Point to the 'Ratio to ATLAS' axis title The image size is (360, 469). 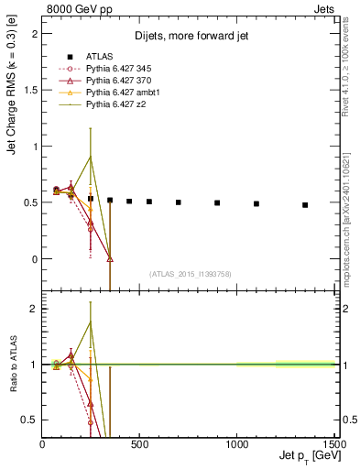[x=12, y=364]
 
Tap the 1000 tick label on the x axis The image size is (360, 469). [x=237, y=444]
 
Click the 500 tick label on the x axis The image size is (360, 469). [x=140, y=444]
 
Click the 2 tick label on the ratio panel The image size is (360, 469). [x=35, y=309]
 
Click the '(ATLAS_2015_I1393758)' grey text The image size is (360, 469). [x=189, y=273]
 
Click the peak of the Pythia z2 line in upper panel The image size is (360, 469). [x=90, y=157]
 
